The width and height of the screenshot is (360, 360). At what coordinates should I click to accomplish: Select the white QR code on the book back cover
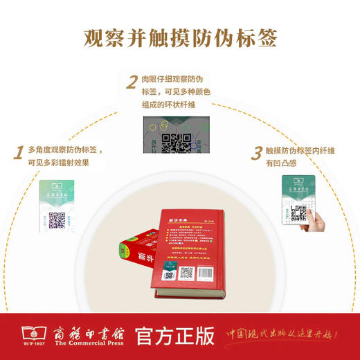point(186,273)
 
